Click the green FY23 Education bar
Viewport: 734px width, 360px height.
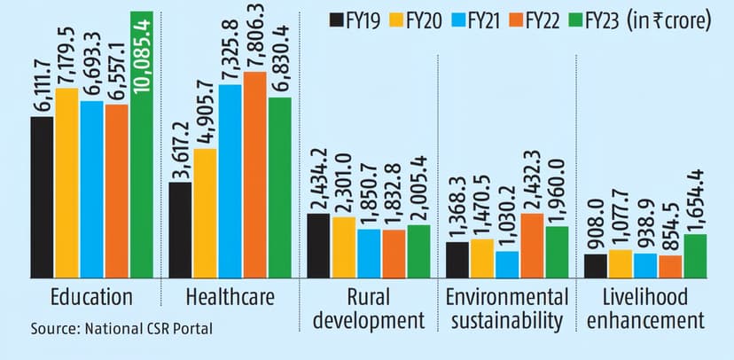pyautogui.click(x=141, y=177)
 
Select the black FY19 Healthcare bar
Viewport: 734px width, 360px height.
pyautogui.click(x=180, y=231)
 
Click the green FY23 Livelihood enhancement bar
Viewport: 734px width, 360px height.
pyautogui.click(x=696, y=255)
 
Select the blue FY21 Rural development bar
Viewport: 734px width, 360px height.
pyautogui.click(x=368, y=253)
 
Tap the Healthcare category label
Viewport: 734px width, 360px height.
pyautogui.click(x=228, y=296)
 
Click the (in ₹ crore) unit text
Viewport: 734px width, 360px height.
pyautogui.click(x=669, y=20)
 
